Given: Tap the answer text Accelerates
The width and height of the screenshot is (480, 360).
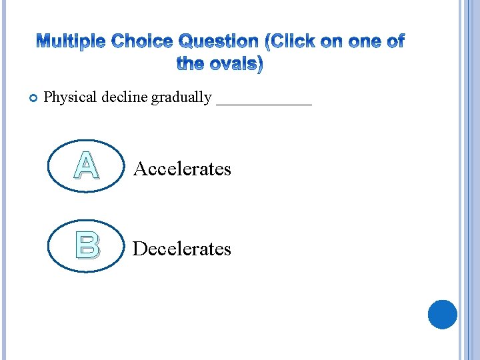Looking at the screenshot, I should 182,169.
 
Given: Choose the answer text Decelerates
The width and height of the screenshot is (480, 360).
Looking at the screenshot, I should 182,249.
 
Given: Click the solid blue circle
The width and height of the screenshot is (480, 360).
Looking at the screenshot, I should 442,314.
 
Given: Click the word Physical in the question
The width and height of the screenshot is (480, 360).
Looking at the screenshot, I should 71,97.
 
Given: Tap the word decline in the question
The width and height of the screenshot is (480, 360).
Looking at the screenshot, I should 125,97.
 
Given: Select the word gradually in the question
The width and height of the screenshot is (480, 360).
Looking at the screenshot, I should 181,97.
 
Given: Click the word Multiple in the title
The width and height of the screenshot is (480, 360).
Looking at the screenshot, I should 71,42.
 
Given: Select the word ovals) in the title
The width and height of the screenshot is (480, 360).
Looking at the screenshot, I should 235,65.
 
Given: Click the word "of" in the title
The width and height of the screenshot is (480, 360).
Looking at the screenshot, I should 393,42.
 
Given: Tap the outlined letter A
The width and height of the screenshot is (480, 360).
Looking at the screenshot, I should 87,166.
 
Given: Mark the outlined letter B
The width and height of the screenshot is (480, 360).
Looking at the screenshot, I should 87,245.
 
